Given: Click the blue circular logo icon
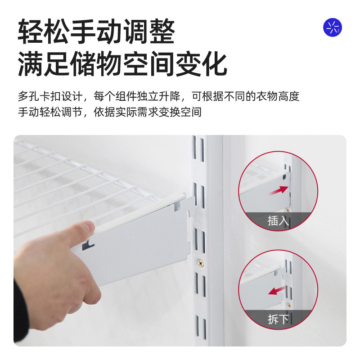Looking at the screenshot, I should pyautogui.click(x=333, y=27).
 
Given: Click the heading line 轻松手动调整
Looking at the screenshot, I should pyautogui.click(x=96, y=31).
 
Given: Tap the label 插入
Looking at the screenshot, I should pyautogui.click(x=279, y=221).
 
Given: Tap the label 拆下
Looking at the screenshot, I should pyautogui.click(x=279, y=319).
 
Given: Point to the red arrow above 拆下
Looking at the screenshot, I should pyautogui.click(x=279, y=291).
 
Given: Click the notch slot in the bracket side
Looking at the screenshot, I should pyautogui.click(x=88, y=245).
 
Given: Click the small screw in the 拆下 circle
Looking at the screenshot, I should pyautogui.click(x=289, y=306).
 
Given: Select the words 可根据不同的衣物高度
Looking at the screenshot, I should pyautogui.click(x=245, y=96).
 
